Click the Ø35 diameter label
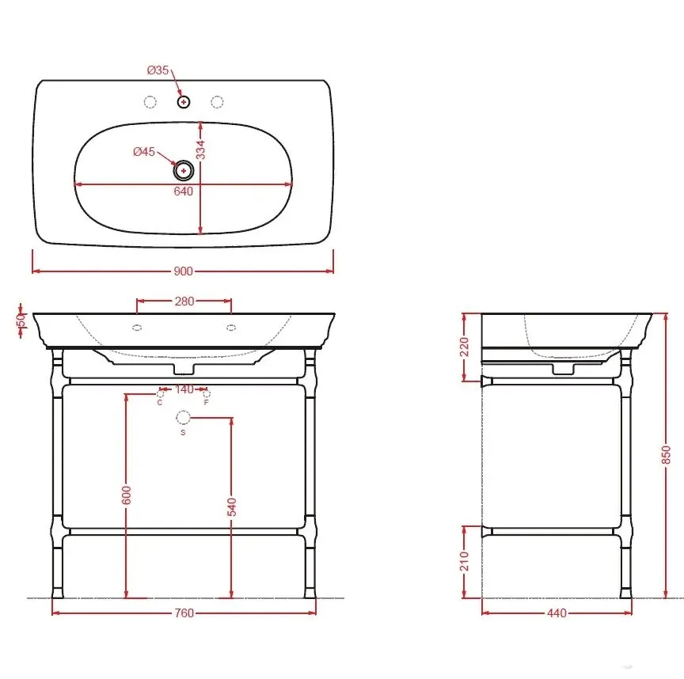(x=158, y=70)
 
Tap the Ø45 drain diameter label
(x=144, y=151)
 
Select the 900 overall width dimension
(x=183, y=271)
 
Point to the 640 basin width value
(x=183, y=192)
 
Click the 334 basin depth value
(x=200, y=150)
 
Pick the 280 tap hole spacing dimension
(x=184, y=302)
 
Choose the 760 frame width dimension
(x=184, y=613)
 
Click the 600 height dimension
(x=126, y=495)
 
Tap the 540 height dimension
(x=232, y=506)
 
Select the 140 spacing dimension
(x=184, y=389)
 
